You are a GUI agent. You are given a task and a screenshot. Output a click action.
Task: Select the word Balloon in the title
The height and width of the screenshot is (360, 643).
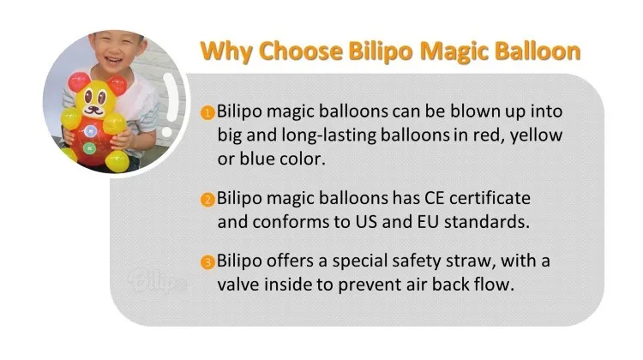coord(538,51)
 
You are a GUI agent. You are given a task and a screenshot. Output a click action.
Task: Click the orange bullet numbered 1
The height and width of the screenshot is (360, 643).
coord(208,112)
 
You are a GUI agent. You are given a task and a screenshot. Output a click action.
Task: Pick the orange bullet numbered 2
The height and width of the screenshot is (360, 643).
coord(208,200)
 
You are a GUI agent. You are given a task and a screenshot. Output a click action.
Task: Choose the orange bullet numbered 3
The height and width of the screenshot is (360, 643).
coord(208,262)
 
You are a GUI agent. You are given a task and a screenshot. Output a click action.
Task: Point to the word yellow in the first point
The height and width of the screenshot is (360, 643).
coord(537,136)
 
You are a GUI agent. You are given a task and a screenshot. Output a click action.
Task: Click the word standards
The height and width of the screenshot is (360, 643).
coord(487,222)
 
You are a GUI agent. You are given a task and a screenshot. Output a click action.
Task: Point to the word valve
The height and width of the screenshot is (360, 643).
coord(237,285)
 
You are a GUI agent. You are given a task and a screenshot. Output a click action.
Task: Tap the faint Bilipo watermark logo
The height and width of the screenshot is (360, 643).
coord(158,281)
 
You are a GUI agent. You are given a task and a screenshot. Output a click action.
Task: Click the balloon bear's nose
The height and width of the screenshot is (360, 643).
coord(95,110)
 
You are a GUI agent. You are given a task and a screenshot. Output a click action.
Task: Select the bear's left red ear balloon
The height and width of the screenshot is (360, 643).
coord(79,82)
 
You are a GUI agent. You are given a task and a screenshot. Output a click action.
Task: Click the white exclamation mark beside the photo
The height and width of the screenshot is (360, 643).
coord(170,105)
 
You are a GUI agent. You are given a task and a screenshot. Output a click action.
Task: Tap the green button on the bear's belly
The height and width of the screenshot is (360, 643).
coord(89,148)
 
